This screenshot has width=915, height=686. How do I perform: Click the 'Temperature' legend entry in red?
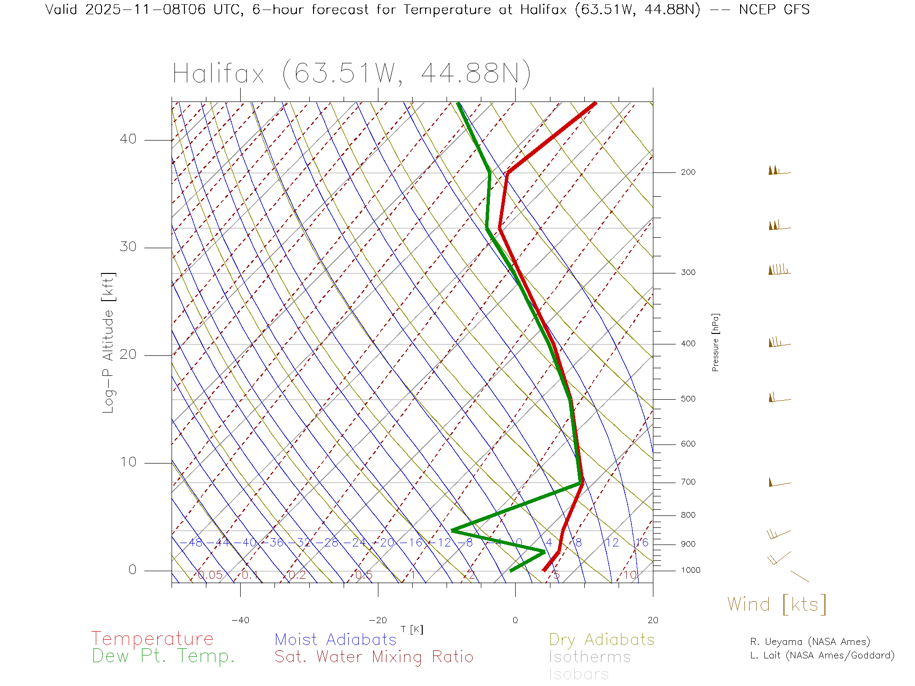pos(152,639)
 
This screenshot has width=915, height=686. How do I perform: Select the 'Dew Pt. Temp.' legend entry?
pos(163,656)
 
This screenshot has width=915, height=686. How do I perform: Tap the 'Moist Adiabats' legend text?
pos(335,639)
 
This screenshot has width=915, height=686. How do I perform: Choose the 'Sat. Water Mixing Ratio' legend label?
pos(374,657)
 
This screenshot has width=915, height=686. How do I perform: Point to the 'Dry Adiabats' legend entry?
pos(601,639)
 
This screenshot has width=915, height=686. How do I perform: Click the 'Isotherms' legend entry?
pos(590,657)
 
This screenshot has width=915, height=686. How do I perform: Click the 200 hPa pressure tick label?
pos(688,172)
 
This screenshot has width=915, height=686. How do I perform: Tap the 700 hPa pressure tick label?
pos(688,482)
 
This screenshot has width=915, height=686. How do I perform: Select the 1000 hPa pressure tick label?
pos(691,570)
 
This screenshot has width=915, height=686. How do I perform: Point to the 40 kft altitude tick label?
pos(128,139)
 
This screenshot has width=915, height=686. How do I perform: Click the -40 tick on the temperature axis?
pos(240,620)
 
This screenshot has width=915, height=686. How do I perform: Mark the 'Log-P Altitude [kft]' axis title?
pos(109,343)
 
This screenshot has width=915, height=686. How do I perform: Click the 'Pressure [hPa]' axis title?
pos(715,342)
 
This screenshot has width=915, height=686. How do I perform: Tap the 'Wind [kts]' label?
pos(776,605)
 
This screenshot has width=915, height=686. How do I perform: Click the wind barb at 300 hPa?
pos(779,271)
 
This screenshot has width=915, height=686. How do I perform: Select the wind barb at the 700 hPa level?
pos(779,483)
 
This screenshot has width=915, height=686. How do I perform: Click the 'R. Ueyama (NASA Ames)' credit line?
pos(810,642)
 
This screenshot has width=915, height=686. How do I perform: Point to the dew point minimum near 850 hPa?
pos(452,530)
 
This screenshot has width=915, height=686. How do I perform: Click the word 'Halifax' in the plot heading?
pos(218,74)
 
